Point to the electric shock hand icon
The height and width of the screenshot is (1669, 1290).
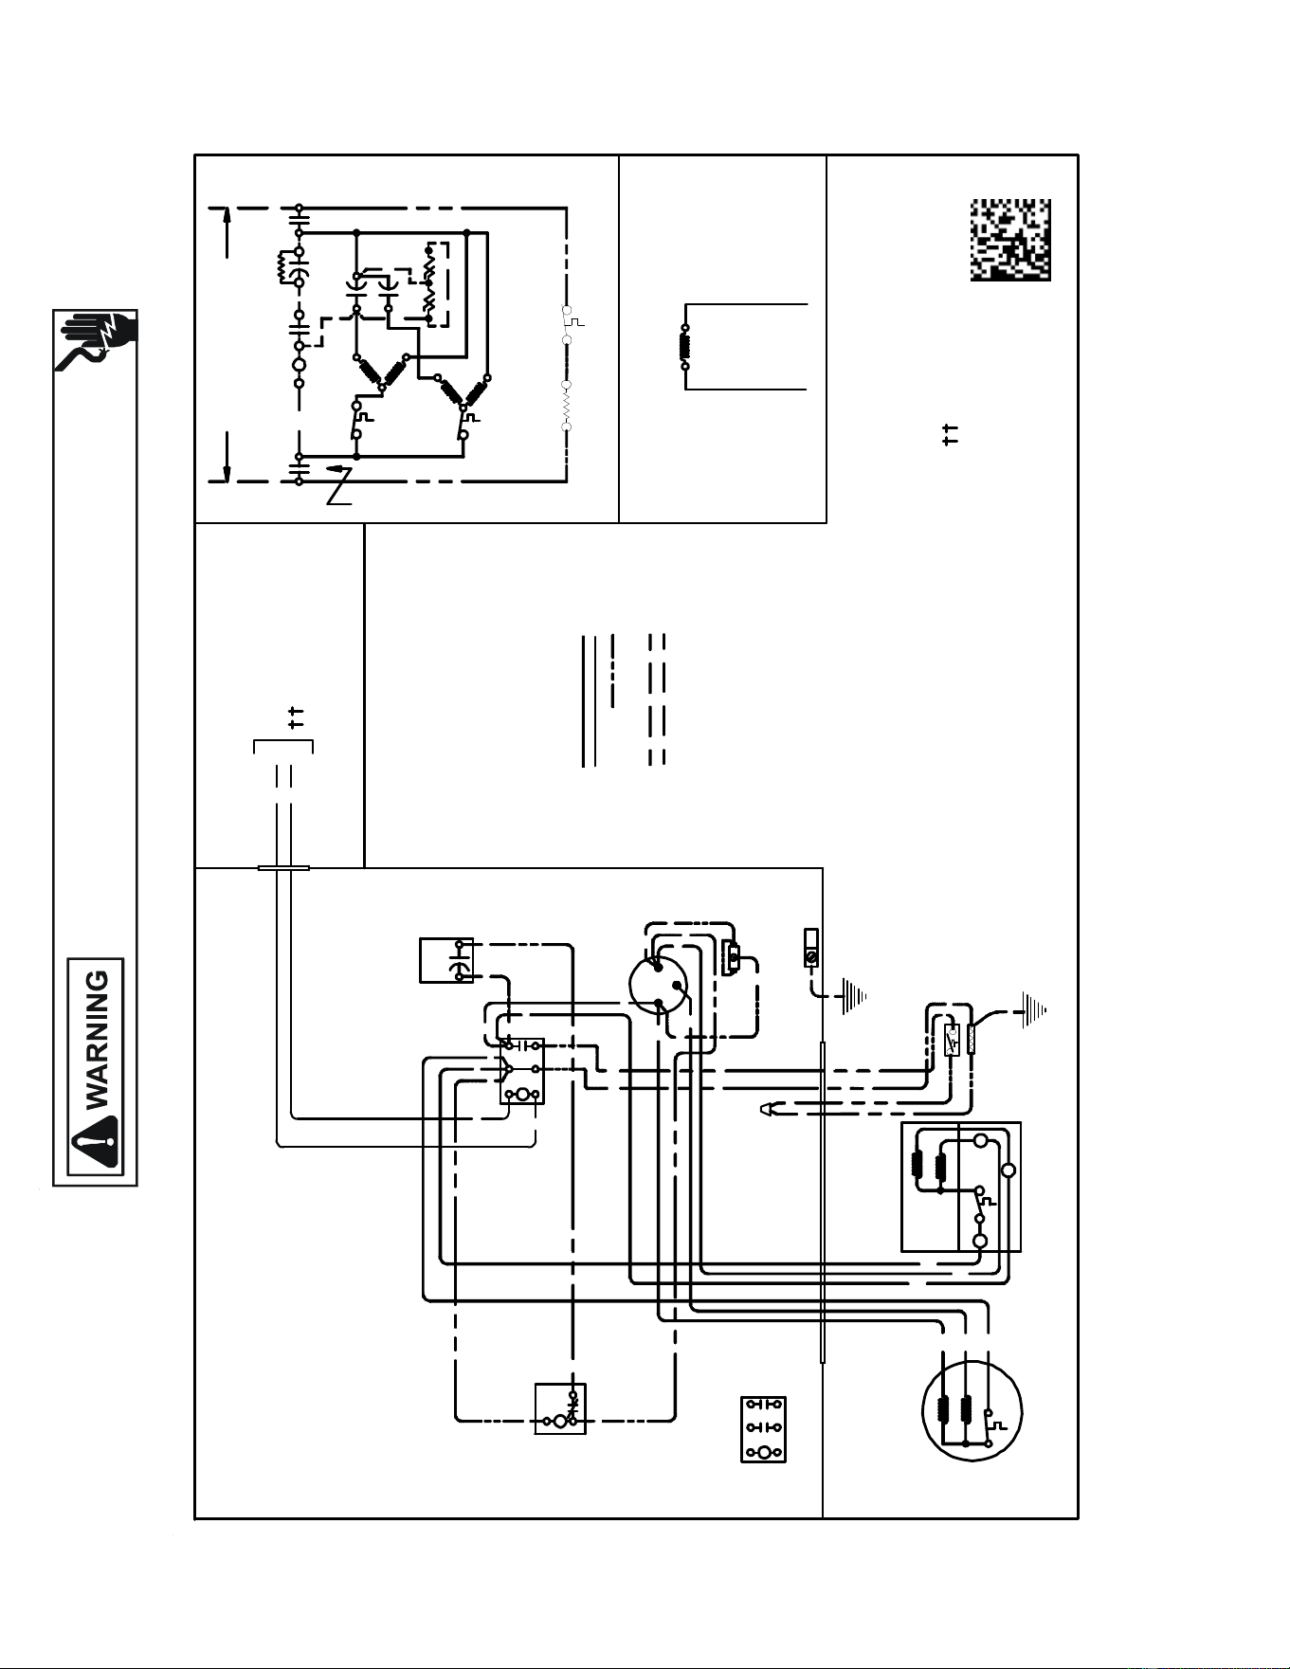[x=96, y=340]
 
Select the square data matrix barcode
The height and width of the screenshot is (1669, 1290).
[x=1010, y=240]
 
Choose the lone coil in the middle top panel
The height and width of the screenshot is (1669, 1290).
[x=684, y=346]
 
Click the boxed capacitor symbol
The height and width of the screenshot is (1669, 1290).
[x=446, y=960]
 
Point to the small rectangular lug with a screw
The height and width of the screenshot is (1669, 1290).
[x=810, y=948]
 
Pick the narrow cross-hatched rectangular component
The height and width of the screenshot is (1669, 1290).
[x=971, y=1040]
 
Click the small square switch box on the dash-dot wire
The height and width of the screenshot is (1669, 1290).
[x=560, y=1408]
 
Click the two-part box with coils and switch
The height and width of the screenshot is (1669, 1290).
[x=961, y=1187]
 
